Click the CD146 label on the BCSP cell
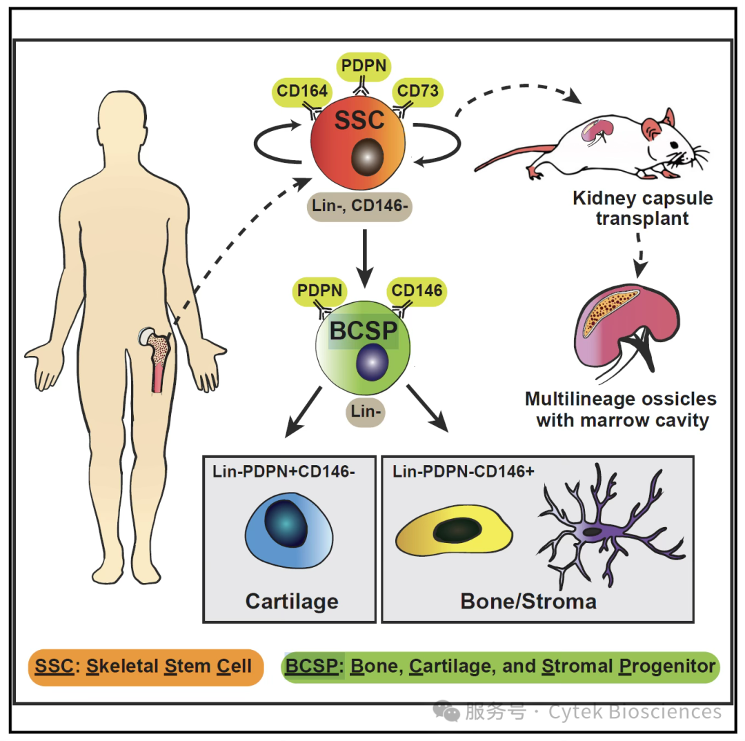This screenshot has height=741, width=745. coord(417,290)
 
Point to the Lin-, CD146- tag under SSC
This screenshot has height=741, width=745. coord(359,206)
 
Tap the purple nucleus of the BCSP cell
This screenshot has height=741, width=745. coord(372,363)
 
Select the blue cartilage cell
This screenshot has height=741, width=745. coord(289,534)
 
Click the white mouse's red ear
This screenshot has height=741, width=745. coord(652,127)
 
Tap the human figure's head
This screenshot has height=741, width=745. coord(127,124)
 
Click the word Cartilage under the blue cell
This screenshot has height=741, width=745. coord(292,601)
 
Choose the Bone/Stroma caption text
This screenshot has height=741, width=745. coord(528,601)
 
